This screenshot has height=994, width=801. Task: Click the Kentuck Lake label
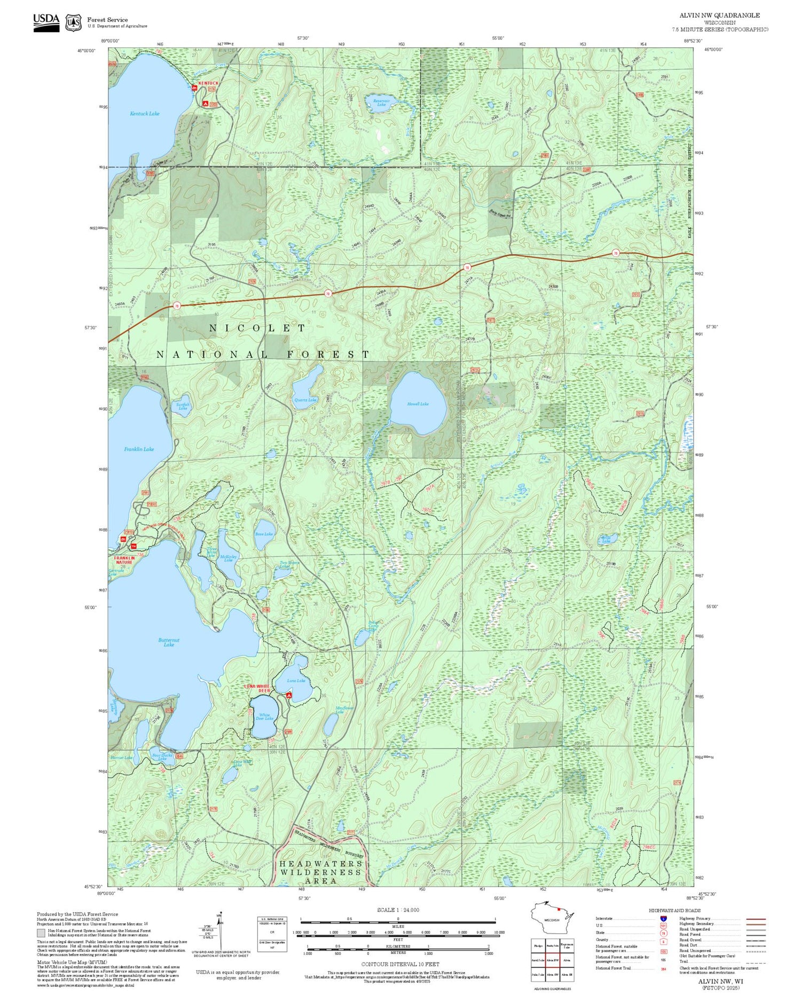[145, 114]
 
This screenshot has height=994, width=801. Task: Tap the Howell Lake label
[418, 404]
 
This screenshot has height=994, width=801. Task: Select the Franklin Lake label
[139, 449]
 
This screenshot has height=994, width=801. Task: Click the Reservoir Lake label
[381, 102]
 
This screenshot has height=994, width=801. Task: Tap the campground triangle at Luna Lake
[289, 696]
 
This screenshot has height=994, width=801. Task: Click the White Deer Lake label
[264, 717]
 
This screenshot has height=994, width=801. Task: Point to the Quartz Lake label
[305, 400]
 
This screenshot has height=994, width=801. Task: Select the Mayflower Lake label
[344, 710]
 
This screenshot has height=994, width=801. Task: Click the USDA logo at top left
[46, 22]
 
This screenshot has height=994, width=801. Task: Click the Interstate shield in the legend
[663, 919]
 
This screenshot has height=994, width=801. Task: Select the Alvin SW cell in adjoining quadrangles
[553, 975]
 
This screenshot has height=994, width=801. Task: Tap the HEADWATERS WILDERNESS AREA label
[320, 872]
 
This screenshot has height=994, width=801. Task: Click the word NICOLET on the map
[257, 328]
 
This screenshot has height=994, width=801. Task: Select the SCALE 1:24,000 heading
[398, 910]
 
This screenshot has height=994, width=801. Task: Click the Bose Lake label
[264, 534]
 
